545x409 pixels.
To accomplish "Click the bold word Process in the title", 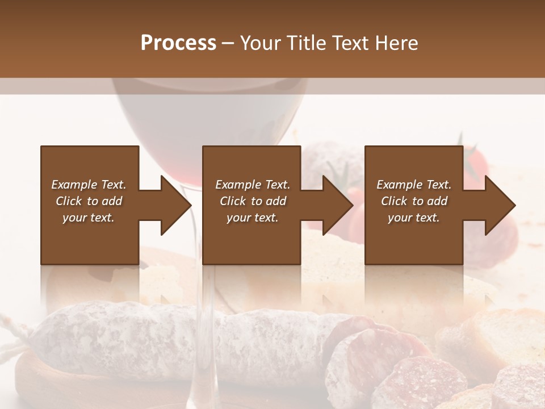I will click(178, 43).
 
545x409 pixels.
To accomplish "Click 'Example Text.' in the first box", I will click(89, 185).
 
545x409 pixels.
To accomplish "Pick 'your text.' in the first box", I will click(89, 218).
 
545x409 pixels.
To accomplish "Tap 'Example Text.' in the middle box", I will click(252, 185).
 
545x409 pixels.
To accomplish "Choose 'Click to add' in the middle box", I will click(252, 201).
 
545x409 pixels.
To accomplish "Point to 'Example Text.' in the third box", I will click(414, 185).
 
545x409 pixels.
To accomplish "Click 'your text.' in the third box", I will click(414, 218).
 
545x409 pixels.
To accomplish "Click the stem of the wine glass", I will click(205, 318).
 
